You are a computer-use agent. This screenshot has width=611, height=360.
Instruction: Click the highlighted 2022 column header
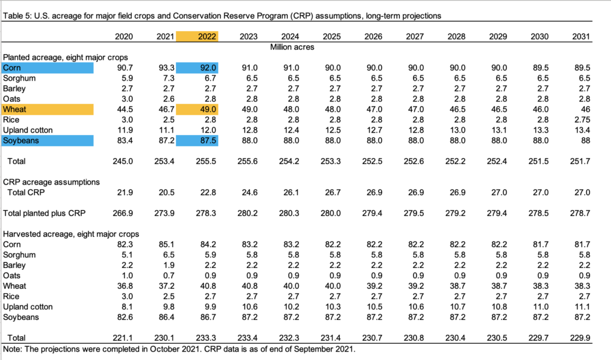click(198, 36)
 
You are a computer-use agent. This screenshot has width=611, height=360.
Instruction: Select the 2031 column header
click(581, 36)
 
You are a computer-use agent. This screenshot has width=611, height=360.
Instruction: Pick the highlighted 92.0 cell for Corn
click(198, 67)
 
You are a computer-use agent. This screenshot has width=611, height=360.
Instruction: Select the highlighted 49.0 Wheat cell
click(198, 109)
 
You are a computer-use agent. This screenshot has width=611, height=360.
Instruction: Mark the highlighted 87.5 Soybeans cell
click(198, 140)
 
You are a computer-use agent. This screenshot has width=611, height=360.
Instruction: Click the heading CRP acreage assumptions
click(51, 181)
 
